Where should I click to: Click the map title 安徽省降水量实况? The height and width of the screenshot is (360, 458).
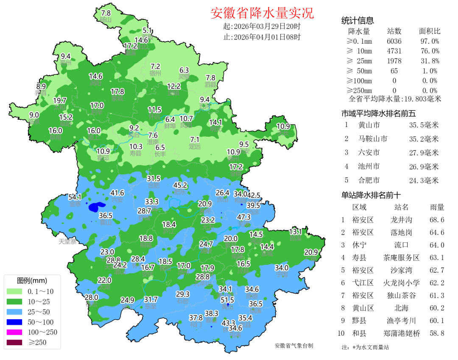262,13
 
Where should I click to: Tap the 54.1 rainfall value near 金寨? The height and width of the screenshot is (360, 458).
75,197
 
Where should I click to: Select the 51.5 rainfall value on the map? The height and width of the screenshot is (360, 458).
227,300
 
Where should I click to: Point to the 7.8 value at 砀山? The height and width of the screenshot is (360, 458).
106,13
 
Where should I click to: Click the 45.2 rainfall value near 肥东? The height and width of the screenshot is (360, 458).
180,185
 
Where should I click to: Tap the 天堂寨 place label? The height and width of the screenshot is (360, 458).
67,242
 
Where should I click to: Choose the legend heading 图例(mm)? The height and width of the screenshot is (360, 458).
32,281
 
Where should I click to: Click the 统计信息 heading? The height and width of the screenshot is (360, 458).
357,21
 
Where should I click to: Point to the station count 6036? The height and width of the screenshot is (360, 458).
394,41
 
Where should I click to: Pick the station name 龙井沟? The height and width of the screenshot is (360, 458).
401,220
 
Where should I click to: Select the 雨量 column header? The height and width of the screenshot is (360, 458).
437,207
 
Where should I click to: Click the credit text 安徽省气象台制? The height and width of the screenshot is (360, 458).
294,346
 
